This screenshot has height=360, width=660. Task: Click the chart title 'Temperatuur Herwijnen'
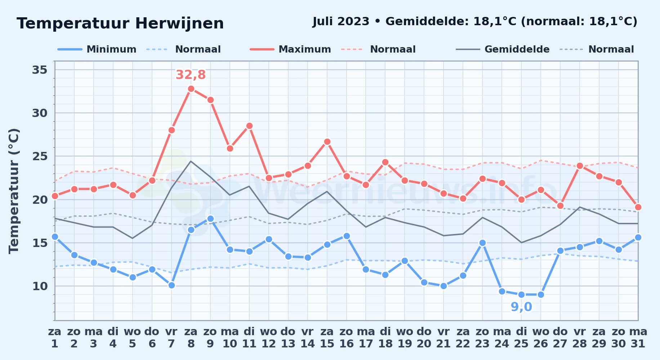coord(120,24)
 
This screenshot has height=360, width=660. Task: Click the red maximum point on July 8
coord(191,89)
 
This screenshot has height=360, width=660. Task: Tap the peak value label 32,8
coord(191,75)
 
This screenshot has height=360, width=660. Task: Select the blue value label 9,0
coord(521,307)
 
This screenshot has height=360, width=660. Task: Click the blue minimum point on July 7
coord(171,285)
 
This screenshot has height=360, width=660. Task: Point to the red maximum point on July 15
coord(327,141)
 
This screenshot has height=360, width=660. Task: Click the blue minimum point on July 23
coord(482,243)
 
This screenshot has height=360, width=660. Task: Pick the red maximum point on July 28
coord(580,166)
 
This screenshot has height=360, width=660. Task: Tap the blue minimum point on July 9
coord(210,219)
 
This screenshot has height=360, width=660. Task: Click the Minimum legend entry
coord(97,49)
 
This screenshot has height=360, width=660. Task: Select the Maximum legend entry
coord(290,49)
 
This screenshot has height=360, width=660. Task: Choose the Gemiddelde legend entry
coord(503,49)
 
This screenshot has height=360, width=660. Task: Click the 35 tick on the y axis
coord(40,69)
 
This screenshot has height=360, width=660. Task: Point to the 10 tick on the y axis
coord(40,286)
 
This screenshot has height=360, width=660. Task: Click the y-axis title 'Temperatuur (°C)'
coord(14,191)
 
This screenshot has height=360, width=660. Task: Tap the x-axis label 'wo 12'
coord(269,337)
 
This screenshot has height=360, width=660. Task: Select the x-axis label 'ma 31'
coord(638,337)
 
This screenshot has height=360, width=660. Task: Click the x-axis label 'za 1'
coord(55,337)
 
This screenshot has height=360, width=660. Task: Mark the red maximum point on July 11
coord(249,126)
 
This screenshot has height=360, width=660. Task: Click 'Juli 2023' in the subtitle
coord(341,21)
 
